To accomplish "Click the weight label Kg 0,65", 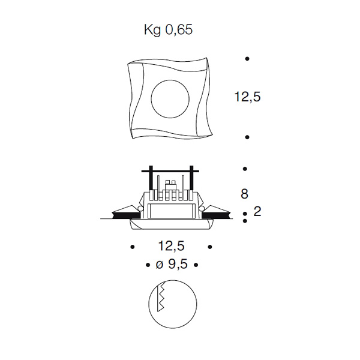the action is [x=168, y=30].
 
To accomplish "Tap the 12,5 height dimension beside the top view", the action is [x=247, y=97].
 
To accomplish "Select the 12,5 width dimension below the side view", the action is [x=171, y=246].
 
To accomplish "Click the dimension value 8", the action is [x=245, y=194].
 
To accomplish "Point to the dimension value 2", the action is [x=257, y=211].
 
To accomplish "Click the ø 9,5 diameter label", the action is [x=172, y=264].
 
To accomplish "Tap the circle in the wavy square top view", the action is [x=170, y=99].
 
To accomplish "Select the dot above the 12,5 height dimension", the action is [x=247, y=59].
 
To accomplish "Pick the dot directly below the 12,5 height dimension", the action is [x=247, y=137].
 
